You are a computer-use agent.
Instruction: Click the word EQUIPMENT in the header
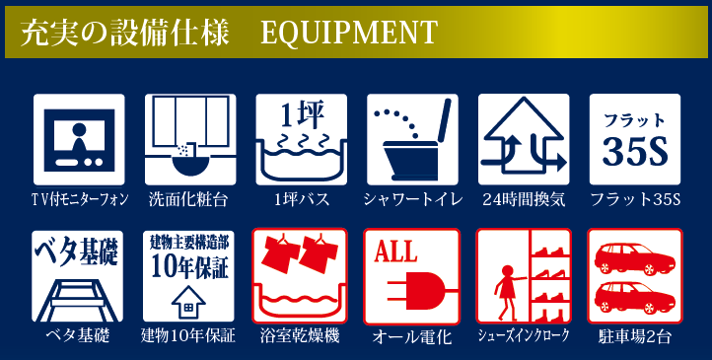coord(349,33)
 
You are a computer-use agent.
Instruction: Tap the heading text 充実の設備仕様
coord(124,33)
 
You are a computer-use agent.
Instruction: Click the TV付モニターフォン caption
coord(79,199)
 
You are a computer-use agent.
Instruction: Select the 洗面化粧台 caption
coord(188,199)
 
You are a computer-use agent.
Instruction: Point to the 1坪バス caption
coord(302,199)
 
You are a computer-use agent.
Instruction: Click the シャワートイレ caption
coord(413,199)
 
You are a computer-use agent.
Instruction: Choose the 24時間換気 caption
coord(524,199)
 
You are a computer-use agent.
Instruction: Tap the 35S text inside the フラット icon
coord(635,153)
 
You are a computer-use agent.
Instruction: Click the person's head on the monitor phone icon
coord(79,130)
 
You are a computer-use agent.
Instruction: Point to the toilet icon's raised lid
coord(443,119)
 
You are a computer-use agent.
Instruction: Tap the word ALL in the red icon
coord(395,252)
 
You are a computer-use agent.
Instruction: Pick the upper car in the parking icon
coord(635,258)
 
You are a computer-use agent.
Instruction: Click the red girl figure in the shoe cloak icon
coord(507,291)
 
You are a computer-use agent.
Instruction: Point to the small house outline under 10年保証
coord(188,302)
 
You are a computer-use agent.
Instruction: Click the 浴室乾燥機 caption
coord(300,336)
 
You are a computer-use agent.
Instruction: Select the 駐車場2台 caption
coord(635,337)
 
